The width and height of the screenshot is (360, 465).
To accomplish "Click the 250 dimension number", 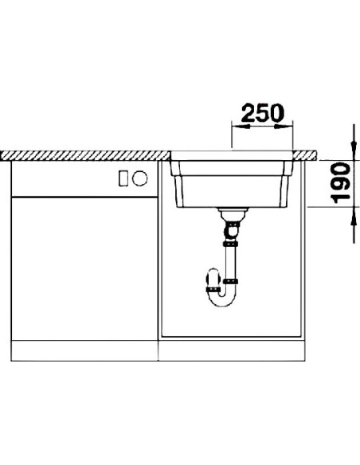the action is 263,113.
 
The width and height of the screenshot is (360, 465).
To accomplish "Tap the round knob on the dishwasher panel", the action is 139,178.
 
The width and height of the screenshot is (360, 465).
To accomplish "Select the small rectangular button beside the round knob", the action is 123,178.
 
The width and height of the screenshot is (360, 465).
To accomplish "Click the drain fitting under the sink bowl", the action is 233,213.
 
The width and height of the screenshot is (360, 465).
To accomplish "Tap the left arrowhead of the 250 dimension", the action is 241,127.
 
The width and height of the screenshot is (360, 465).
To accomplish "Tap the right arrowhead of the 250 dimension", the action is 284,127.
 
